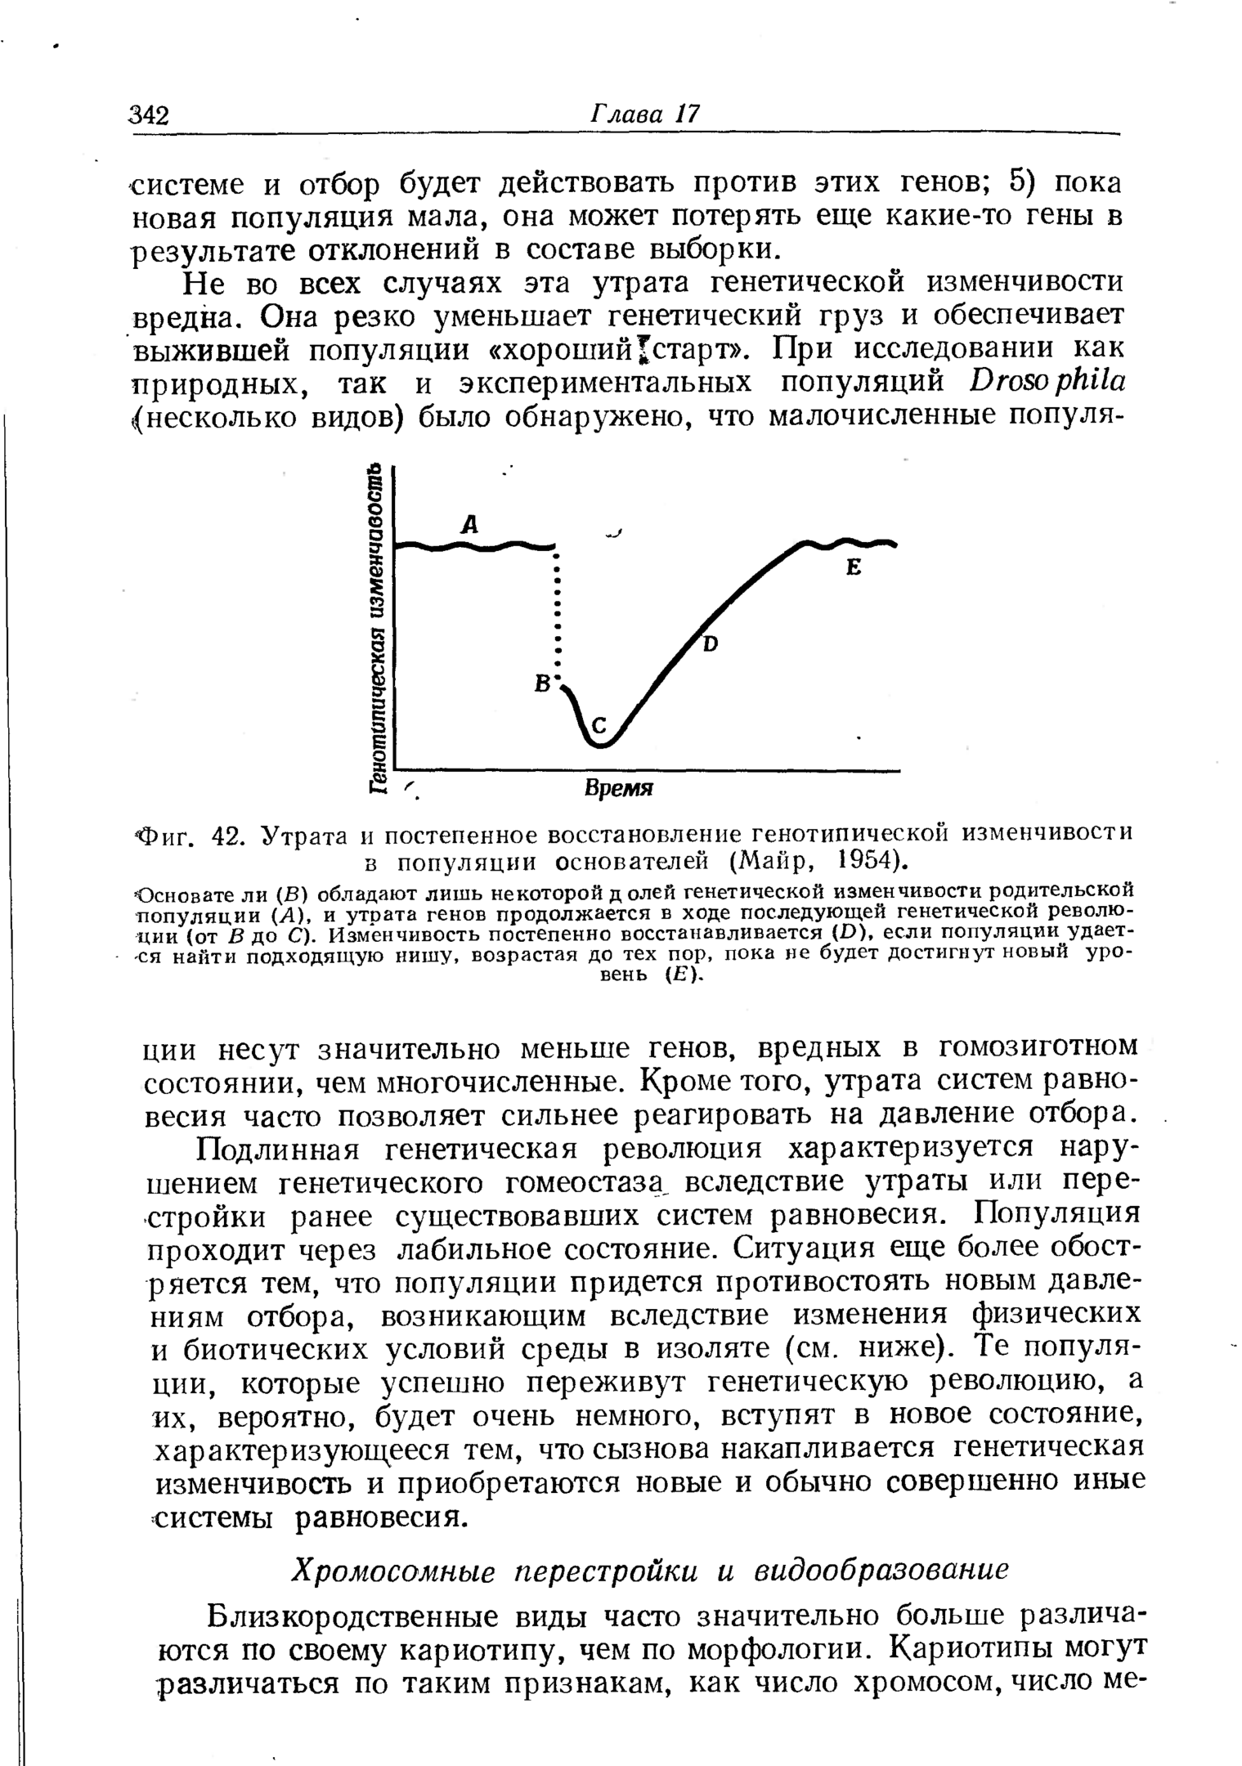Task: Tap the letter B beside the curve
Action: (x=540, y=684)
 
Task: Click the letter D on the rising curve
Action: (x=710, y=644)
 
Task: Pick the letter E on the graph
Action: (x=854, y=567)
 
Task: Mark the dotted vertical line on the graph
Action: (x=557, y=613)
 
